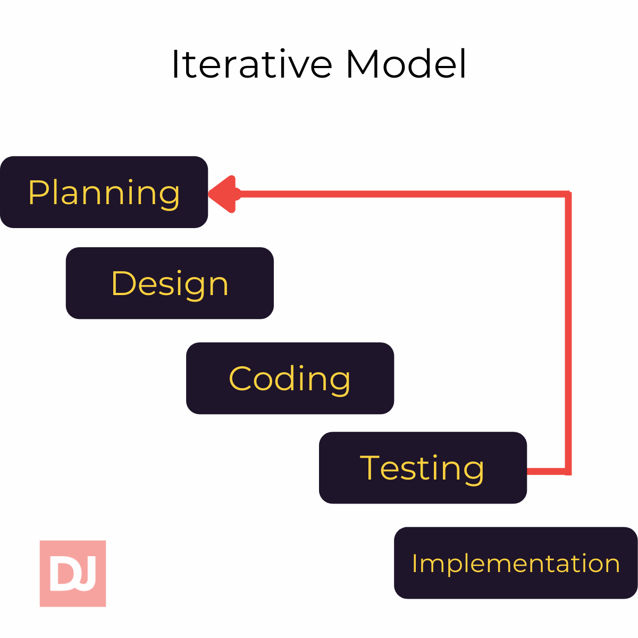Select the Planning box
coord(104,192)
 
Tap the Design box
coord(170,283)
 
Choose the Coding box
coord(290,378)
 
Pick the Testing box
coord(423,467)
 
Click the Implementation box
coord(515,563)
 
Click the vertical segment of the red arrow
coord(568,330)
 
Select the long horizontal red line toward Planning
coord(399,194)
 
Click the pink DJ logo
coord(73,573)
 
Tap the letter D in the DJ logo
coord(62,573)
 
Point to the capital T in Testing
coord(371,467)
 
